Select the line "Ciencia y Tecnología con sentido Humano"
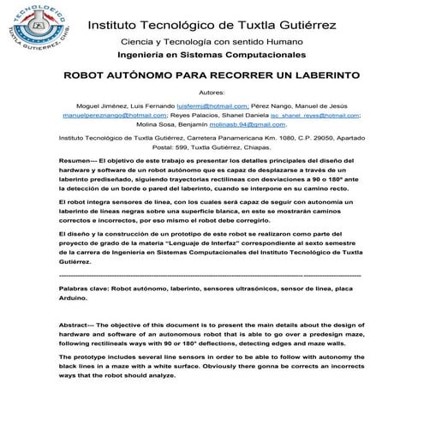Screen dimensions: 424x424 pyautogui.click(x=212, y=41)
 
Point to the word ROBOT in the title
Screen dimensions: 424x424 pyautogui.click(x=86, y=75)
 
